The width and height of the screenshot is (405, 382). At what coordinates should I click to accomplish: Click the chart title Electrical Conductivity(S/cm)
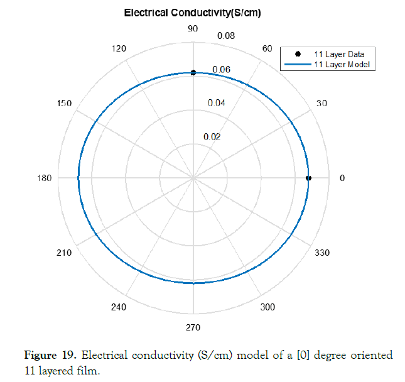coord(192,13)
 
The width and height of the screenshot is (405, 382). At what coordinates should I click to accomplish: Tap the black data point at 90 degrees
coord(193,73)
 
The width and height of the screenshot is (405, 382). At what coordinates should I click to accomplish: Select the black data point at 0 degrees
coord(308,178)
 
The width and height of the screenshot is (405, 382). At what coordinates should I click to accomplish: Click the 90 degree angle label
coord(193,28)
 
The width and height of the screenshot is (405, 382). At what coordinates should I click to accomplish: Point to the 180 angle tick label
coord(45,178)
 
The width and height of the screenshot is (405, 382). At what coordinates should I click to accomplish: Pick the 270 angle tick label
coord(193,327)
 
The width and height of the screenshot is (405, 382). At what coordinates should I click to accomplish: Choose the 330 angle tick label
coord(322,253)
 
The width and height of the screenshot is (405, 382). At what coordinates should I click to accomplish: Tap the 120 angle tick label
coord(118,49)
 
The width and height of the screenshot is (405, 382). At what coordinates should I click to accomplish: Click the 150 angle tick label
coord(64,104)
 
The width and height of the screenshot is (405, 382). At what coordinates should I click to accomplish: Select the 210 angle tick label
coord(64,253)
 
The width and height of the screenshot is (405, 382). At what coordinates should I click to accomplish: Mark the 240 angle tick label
coord(118,307)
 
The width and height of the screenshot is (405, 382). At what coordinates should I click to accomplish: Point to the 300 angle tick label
coord(267,307)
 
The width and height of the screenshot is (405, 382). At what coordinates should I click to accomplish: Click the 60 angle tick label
coord(267,49)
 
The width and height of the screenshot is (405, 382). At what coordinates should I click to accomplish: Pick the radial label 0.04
coord(217,103)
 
